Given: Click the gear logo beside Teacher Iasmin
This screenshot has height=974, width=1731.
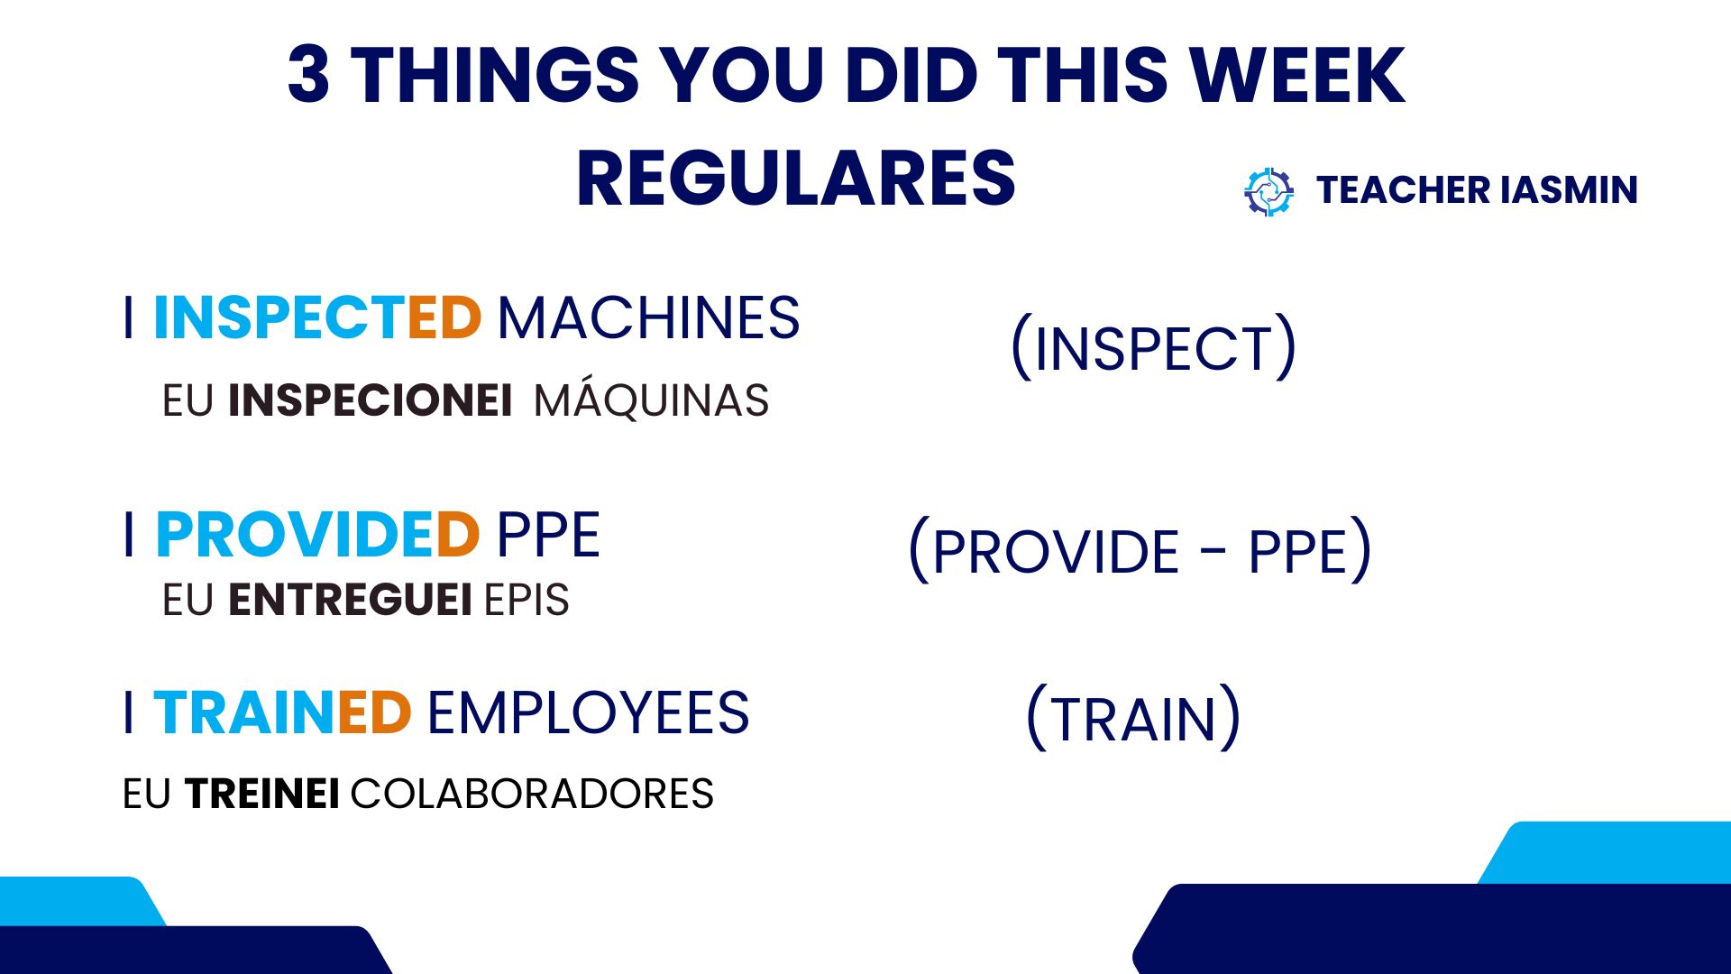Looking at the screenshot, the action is (1268, 191).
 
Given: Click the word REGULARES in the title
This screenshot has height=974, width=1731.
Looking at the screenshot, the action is (796, 179).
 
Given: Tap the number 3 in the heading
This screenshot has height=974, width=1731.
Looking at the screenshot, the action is (308, 74).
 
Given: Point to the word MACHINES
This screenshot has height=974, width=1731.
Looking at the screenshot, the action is (648, 317).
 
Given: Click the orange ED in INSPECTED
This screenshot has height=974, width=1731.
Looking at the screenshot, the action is (444, 317).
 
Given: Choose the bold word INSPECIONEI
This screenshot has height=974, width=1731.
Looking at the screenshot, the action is (370, 400).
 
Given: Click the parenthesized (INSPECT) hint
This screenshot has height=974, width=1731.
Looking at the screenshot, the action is (1153, 347).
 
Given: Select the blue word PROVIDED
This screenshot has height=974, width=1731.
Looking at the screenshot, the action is (317, 535).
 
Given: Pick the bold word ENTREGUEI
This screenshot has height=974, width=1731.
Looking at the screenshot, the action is (350, 600).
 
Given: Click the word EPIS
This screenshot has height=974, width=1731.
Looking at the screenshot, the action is (527, 600).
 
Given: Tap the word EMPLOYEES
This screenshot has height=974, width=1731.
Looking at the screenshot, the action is (588, 713).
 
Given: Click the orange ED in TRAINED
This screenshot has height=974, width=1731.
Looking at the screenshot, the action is (375, 713).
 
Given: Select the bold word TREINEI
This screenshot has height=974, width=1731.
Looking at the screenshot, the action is (262, 795).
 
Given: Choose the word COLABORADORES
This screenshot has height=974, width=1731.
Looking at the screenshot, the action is (532, 795).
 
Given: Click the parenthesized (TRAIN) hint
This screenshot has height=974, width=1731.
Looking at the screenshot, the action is (1134, 718).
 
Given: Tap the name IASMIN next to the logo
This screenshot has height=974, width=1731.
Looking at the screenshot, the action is (1570, 190).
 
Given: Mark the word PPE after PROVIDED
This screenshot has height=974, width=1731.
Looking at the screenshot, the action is (548, 535).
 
